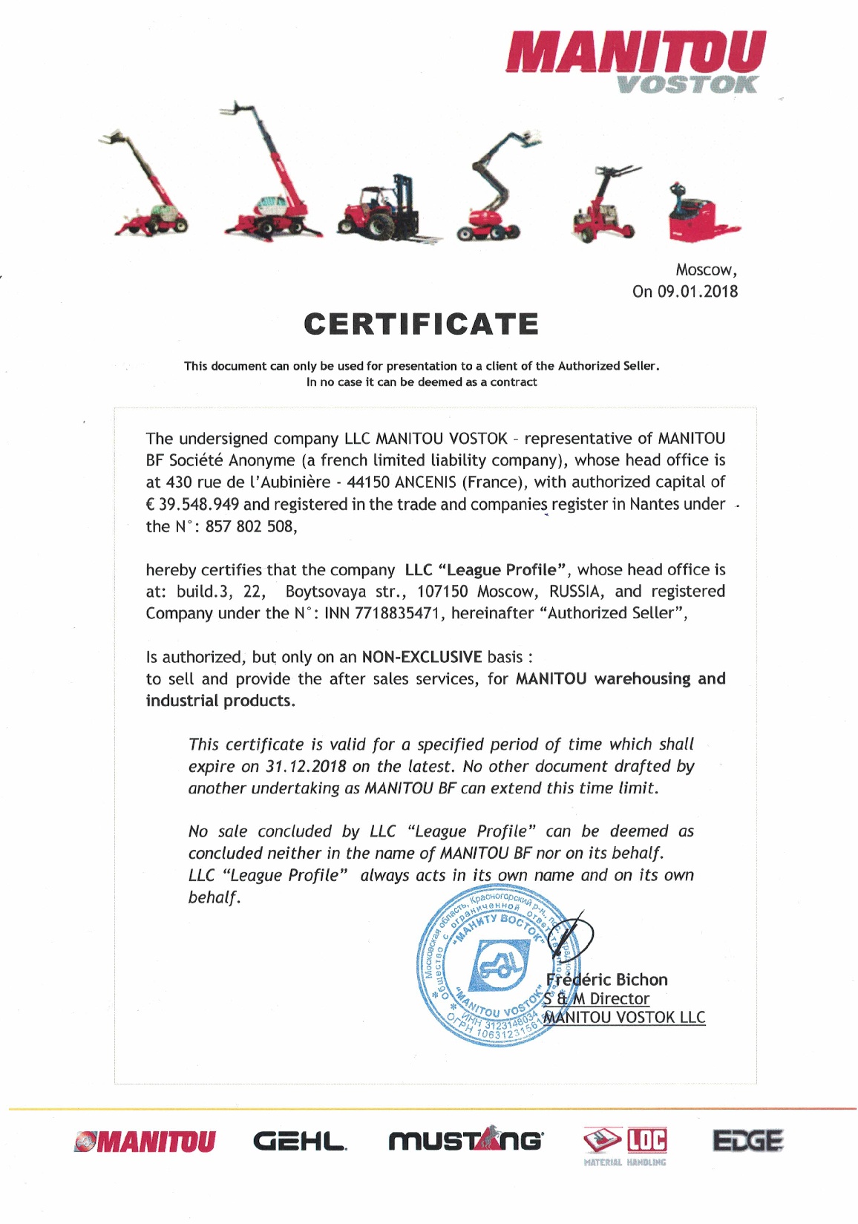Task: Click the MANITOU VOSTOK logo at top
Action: click(636, 61)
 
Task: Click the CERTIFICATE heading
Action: click(421, 324)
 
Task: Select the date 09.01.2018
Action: click(698, 291)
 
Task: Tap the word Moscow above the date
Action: click(704, 269)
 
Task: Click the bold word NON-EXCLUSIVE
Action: click(422, 657)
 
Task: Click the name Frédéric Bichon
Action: click(607, 980)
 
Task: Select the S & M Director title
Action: click(597, 999)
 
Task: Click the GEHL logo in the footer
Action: click(300, 1141)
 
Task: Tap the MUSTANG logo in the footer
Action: click(465, 1141)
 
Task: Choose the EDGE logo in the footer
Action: click(747, 1140)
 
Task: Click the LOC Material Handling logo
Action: click(626, 1145)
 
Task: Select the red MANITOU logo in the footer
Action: click(145, 1142)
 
